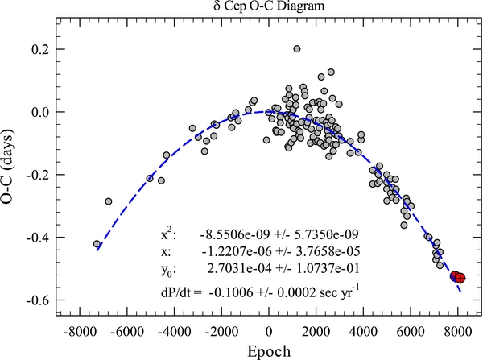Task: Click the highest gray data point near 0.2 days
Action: [x=297, y=49]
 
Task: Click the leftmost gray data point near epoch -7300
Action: [x=97, y=243]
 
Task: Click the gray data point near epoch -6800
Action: [x=109, y=201]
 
